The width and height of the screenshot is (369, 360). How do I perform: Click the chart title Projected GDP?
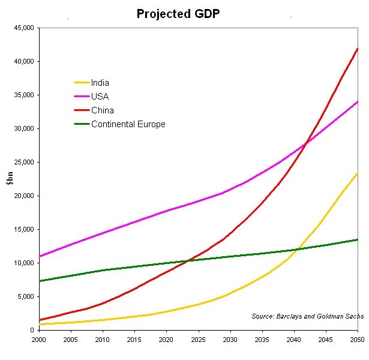[x=178, y=13]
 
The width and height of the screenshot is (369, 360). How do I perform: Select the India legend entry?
[x=100, y=83]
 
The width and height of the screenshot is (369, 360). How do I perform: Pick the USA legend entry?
[x=100, y=97]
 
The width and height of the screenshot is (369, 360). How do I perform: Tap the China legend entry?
[x=102, y=110]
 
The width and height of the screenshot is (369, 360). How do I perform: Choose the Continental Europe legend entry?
[x=128, y=124]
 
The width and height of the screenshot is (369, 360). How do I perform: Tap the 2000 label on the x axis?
[x=40, y=340]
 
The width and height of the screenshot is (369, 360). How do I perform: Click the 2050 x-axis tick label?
[x=357, y=340]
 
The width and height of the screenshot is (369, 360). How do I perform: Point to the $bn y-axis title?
[x=10, y=179]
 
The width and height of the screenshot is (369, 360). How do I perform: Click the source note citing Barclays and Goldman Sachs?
[x=307, y=316]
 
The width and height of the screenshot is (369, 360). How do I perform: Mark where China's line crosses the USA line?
[x=307, y=143]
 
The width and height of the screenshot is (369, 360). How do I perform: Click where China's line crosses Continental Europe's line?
[x=189, y=260]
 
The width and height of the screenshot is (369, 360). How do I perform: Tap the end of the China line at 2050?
[x=357, y=49]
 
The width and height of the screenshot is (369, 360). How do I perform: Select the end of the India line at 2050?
[x=357, y=173]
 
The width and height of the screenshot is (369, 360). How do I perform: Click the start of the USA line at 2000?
[x=40, y=256]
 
